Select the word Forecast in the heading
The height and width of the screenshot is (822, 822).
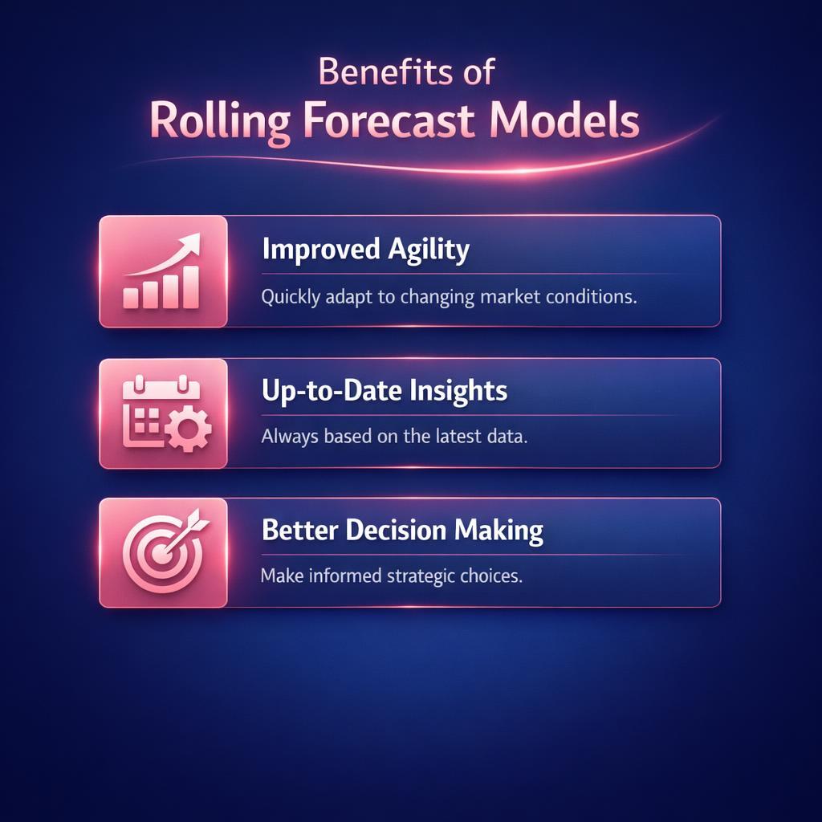[x=390, y=122]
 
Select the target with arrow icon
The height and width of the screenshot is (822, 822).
[x=164, y=551]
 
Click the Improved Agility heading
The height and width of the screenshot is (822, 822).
[x=365, y=250]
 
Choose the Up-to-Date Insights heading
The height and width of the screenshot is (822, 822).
[x=384, y=391]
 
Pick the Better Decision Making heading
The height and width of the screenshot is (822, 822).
[x=402, y=531]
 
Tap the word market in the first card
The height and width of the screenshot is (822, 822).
[x=512, y=297]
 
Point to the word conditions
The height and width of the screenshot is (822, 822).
[x=592, y=297]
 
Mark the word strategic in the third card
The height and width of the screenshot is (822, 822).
[x=410, y=576]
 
